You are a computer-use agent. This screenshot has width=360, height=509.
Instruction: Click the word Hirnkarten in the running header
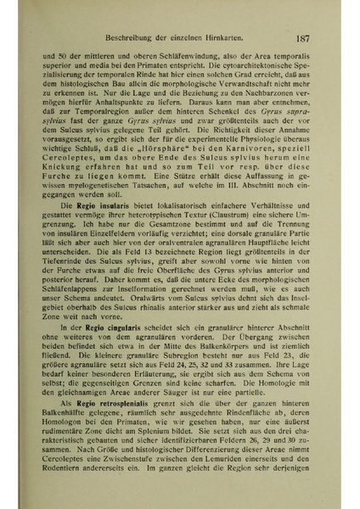click(222, 39)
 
